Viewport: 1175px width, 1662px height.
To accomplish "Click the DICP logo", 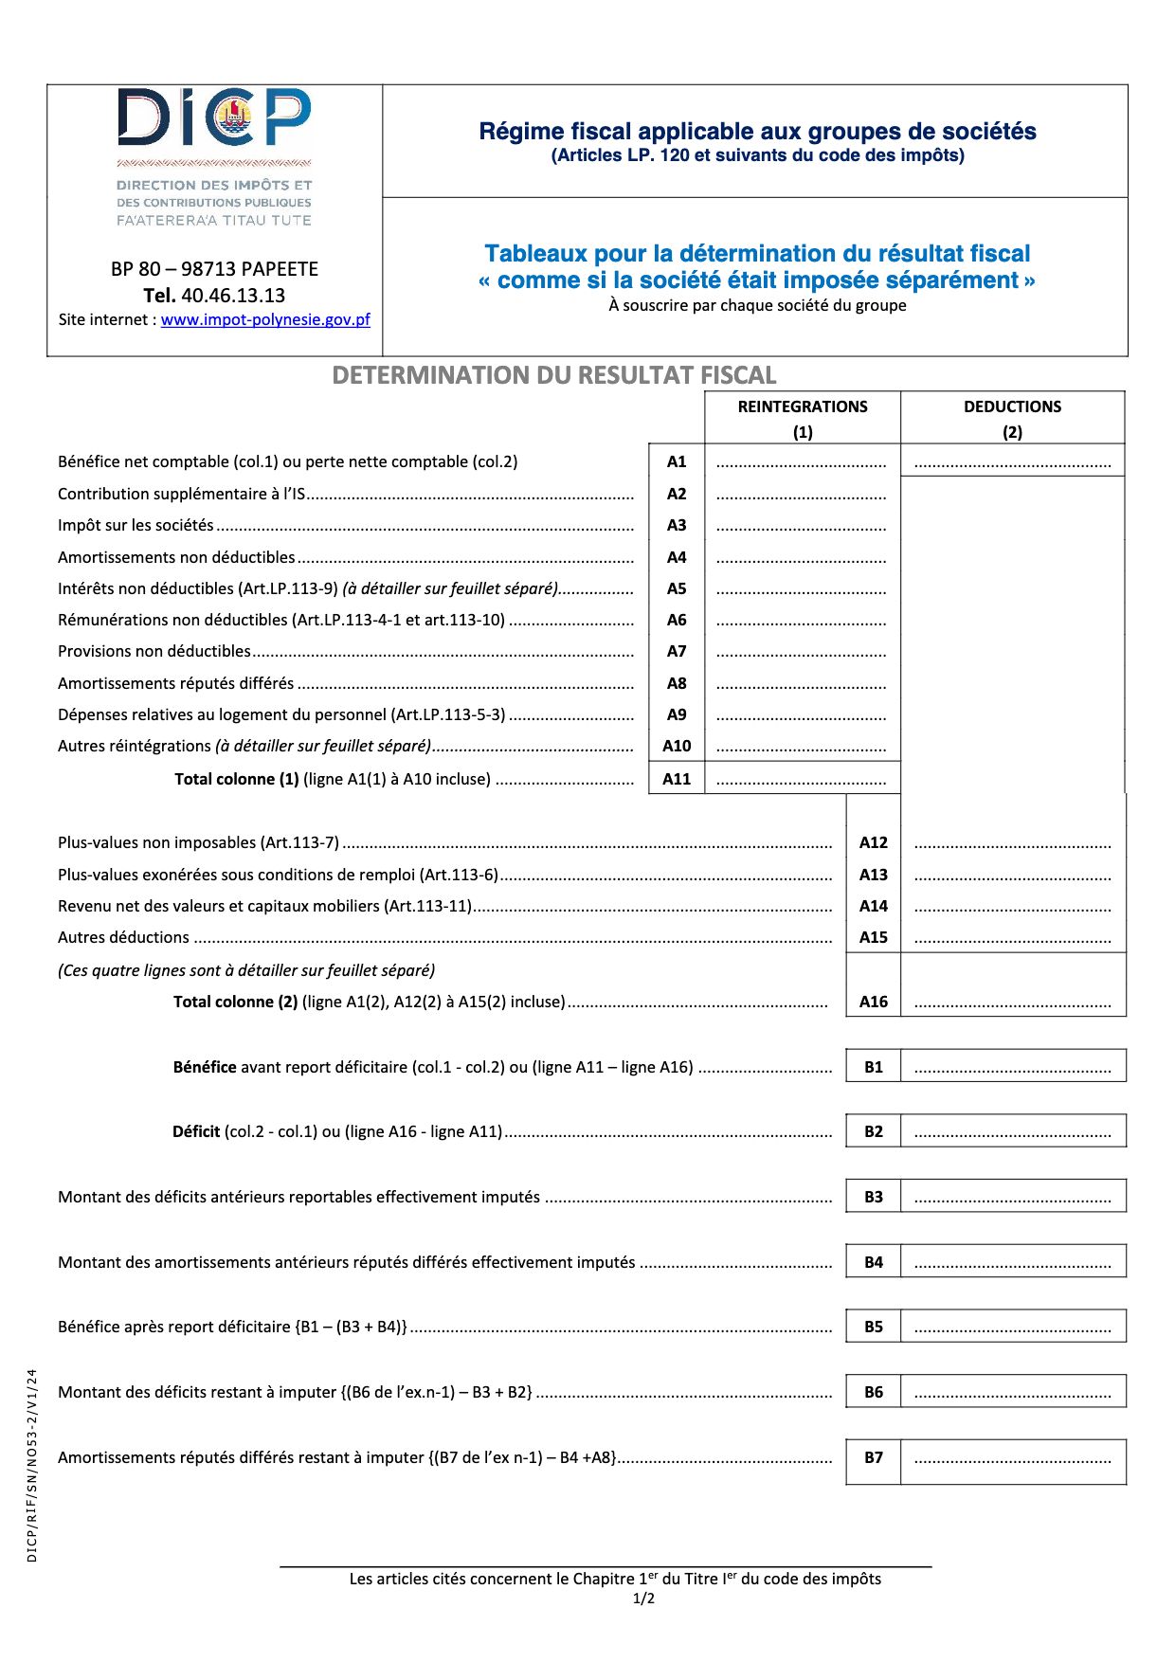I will pos(214,117).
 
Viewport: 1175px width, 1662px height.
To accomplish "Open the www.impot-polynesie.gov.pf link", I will pos(265,320).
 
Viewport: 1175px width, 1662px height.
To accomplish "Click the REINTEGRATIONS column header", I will pos(803,407).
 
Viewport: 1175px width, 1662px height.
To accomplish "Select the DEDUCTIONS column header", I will pos(1012,407).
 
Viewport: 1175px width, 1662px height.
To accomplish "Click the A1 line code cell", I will pos(677,462).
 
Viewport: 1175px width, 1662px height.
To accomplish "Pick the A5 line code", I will pos(677,588).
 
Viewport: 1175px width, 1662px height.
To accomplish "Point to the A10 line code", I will pos(677,747).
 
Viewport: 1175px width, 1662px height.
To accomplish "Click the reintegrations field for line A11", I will pos(802,780).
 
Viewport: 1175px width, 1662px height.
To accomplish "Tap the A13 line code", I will pos(873,876).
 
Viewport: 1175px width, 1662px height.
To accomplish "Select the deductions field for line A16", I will pos(1013,1003).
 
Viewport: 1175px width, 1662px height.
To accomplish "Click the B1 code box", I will pos(873,1067).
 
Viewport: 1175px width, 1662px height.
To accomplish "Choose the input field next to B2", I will pos(1013,1131).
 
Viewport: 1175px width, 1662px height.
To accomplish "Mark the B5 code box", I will pos(873,1327).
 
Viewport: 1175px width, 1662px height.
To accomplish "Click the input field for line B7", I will pos(1013,1458).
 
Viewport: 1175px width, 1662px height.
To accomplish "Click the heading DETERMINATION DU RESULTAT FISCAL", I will pos(554,376).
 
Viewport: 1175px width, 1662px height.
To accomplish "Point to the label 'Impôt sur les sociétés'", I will pos(136,526).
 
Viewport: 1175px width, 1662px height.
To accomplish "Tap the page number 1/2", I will pos(643,1599).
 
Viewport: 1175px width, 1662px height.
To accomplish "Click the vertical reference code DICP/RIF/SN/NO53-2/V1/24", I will pos(32,1465).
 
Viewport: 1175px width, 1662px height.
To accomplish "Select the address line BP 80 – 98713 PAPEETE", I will pos(214,269).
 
